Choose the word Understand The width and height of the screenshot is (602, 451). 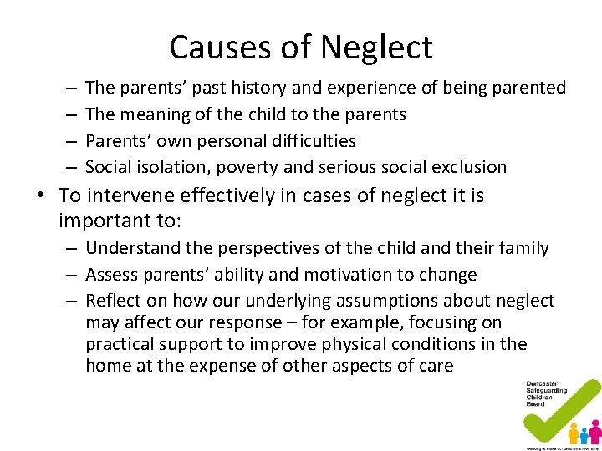click(x=132, y=248)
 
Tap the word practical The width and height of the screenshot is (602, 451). click(x=120, y=344)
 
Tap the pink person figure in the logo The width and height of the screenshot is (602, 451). click(x=594, y=431)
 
